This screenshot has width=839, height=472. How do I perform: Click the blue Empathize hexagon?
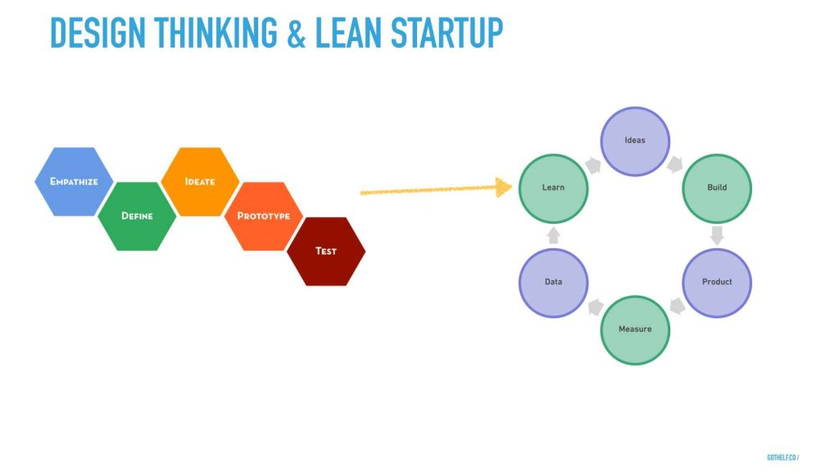[75, 182]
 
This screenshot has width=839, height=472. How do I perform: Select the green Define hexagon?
[137, 216]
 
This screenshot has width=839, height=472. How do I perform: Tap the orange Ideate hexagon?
[200, 182]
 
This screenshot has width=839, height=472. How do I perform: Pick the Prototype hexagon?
[263, 216]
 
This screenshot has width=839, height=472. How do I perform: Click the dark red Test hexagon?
[326, 251]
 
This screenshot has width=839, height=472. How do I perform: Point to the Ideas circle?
[635, 141]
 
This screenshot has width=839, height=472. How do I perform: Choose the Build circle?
[717, 188]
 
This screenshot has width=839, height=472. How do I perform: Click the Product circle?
[717, 283]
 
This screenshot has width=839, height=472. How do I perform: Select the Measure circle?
[635, 329]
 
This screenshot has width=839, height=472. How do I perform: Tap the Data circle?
[553, 283]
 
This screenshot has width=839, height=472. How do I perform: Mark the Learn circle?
[553, 188]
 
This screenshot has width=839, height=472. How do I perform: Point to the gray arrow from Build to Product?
[717, 235]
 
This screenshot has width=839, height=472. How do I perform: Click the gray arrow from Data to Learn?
[553, 235]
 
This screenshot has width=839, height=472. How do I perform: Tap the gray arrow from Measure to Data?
[594, 306]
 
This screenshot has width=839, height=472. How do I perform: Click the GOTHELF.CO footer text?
[782, 457]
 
